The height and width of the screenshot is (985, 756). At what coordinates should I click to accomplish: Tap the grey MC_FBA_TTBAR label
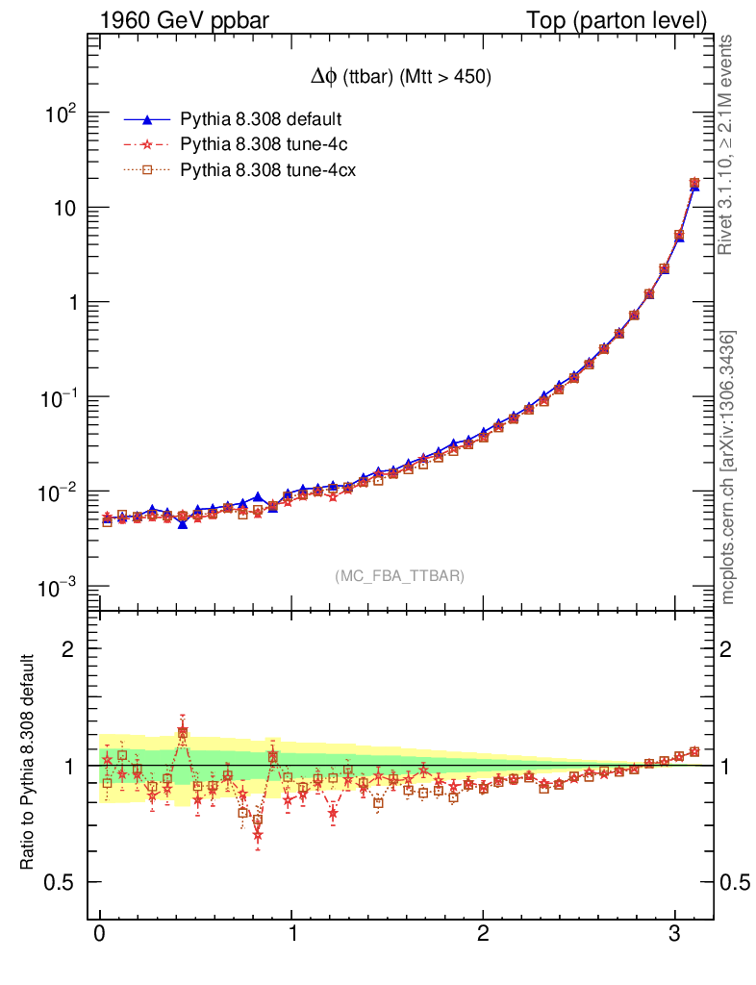[400, 576]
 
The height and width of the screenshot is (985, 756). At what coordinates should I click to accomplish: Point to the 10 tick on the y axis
[66, 208]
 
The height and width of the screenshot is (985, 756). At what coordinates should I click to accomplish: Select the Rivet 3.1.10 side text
[728, 144]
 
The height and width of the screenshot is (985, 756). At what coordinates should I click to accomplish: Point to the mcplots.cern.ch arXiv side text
[728, 467]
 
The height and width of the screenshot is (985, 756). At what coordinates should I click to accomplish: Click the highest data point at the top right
[694, 183]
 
